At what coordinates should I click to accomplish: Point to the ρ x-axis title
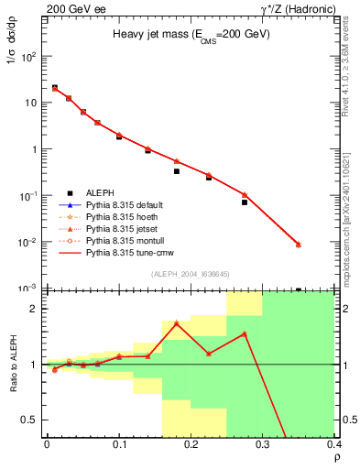pyautogui.click(x=336, y=457)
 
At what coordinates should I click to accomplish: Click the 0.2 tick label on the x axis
pyautogui.click(x=191, y=443)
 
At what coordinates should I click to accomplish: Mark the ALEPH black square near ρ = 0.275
pyautogui.click(x=245, y=202)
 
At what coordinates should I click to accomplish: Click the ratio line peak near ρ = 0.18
pyautogui.click(x=176, y=322)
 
